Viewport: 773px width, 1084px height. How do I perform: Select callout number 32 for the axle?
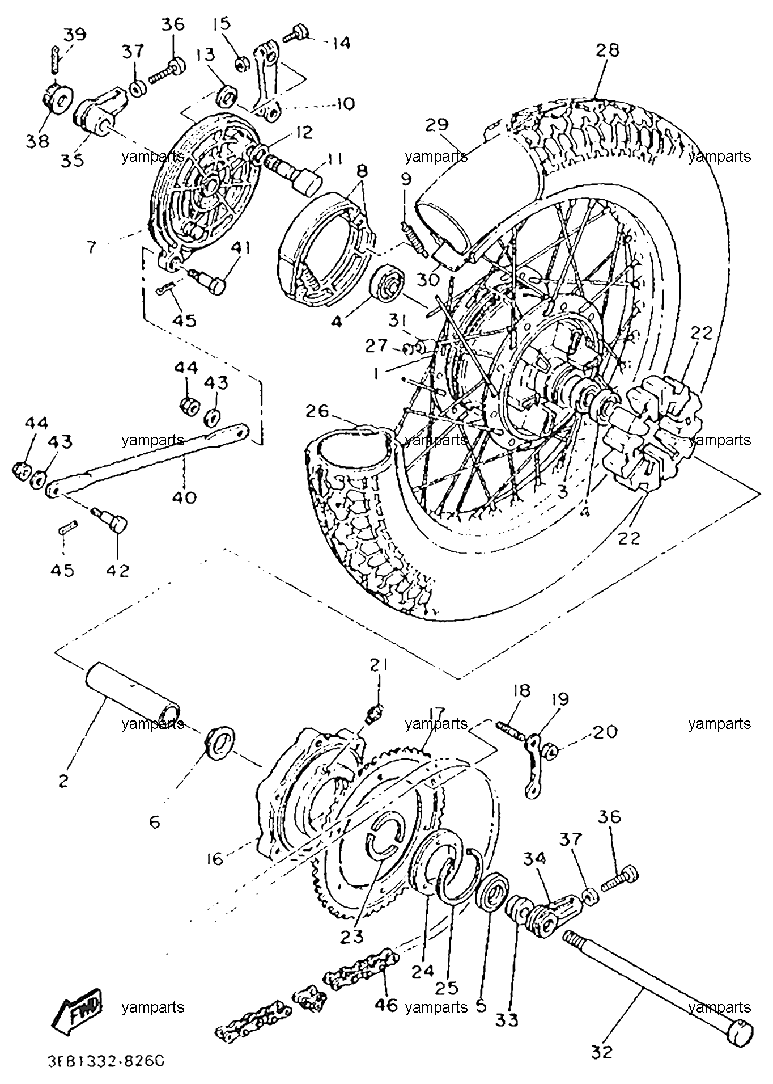pos(602,1052)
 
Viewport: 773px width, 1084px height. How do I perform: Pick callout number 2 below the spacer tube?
pos(63,781)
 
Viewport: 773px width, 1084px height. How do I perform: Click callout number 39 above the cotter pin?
pos(74,35)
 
